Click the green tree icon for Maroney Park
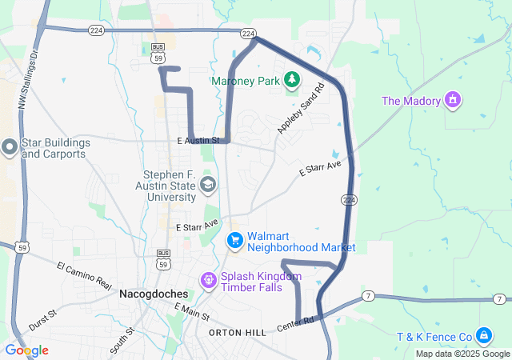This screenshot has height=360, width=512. (x=292, y=79)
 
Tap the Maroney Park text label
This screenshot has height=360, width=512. (x=246, y=81)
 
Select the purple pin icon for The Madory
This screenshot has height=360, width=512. (x=454, y=100)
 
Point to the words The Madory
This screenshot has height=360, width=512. (x=411, y=101)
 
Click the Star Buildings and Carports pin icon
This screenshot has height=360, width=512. (x=9, y=146)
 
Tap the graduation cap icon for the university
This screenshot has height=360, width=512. (x=208, y=186)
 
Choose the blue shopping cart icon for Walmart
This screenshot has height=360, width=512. (x=235, y=240)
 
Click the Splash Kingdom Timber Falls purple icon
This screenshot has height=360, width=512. (x=209, y=280)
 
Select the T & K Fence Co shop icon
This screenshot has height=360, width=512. (x=483, y=335)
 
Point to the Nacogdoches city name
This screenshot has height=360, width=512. (x=153, y=294)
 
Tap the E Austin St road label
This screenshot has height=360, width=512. (x=198, y=141)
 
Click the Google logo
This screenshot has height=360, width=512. (x=26, y=350)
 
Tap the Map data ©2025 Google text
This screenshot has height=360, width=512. (x=462, y=354)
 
